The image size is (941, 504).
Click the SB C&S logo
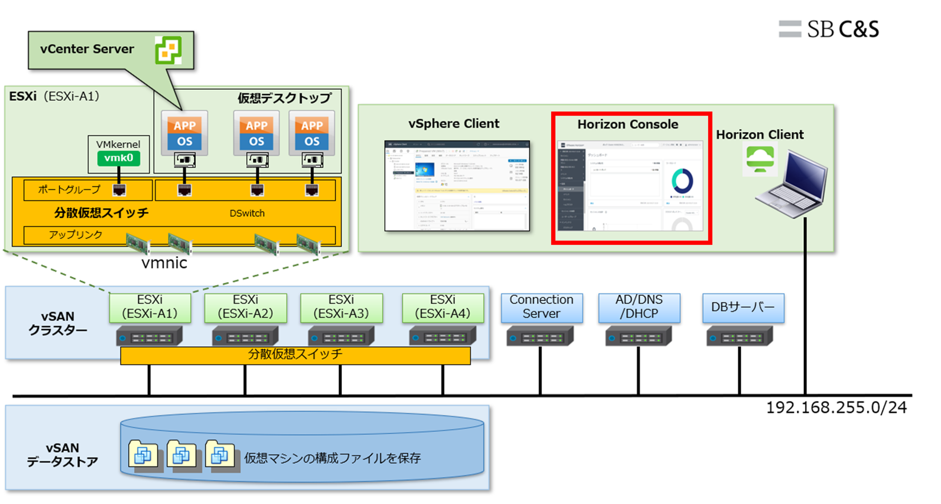point(829,29)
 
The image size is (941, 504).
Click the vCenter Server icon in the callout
point(168,50)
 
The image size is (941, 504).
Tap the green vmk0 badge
point(118,158)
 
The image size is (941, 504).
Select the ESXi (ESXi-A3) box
point(341,307)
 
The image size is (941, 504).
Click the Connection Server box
point(541,307)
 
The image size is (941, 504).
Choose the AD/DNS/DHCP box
point(639,307)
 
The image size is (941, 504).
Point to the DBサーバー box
point(743,307)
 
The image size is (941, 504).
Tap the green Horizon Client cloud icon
point(760,159)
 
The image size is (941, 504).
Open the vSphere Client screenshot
point(457,186)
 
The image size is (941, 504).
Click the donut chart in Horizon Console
point(682,181)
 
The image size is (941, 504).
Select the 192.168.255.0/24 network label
point(836,407)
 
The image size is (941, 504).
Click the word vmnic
point(164,263)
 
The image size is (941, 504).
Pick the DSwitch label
point(247,214)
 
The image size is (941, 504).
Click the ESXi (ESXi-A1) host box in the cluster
point(150,307)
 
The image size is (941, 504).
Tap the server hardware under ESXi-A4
point(442,336)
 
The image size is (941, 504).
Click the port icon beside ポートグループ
point(119,190)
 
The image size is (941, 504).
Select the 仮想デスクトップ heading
point(285,98)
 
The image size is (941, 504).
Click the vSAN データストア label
point(62,455)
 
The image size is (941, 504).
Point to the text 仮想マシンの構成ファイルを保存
point(332,458)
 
